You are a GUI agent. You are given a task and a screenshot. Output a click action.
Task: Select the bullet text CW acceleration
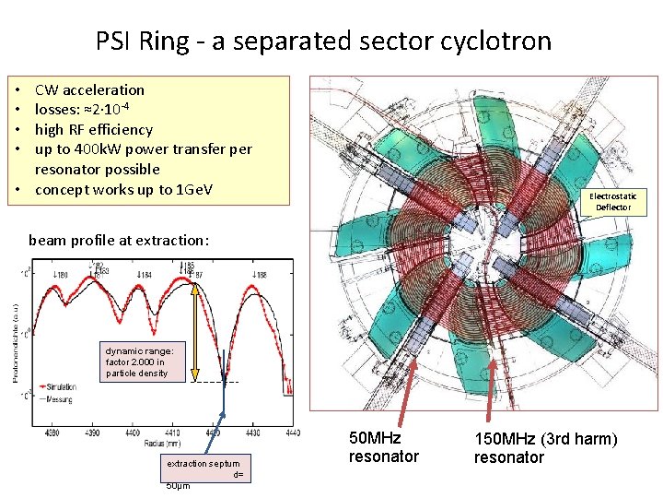(x=89, y=89)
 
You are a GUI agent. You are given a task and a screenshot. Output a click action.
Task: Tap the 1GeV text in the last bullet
(x=191, y=189)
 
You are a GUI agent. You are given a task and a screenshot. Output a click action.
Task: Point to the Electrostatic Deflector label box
(x=612, y=201)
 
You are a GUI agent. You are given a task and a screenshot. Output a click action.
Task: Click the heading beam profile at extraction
(x=119, y=240)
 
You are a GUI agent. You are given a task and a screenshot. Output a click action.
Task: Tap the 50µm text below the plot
(x=178, y=486)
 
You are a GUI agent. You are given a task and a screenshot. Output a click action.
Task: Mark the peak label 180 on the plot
(x=62, y=274)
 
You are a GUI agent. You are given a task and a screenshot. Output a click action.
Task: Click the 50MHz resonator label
(x=383, y=447)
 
